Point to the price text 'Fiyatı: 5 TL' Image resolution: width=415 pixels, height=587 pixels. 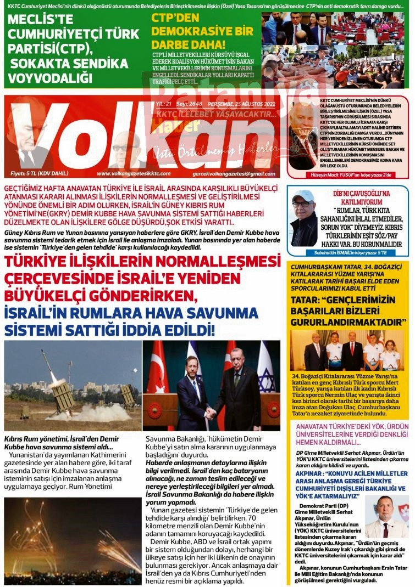(x=36, y=174)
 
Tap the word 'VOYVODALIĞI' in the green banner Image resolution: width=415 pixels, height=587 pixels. (x=51, y=77)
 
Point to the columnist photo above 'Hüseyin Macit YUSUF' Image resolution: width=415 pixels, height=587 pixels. (x=303, y=137)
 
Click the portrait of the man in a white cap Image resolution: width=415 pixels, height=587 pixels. (x=304, y=218)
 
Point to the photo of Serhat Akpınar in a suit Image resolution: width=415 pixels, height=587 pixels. (x=387, y=516)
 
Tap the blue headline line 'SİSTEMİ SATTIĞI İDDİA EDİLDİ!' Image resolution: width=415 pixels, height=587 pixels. (x=110, y=331)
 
